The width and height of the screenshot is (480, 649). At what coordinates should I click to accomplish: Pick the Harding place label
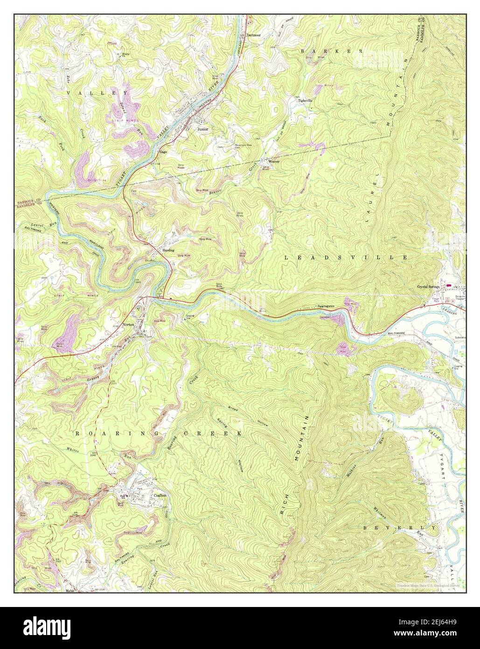tap(168, 250)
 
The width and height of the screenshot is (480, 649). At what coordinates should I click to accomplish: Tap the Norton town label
tap(128, 324)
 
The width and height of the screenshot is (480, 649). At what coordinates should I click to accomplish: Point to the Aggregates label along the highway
tap(325, 306)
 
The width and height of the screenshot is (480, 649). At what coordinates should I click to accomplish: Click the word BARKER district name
tap(332, 50)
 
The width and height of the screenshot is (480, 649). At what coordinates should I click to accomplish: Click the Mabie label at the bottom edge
tap(70, 590)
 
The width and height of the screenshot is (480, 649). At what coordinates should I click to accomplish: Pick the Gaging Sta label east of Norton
tap(202, 317)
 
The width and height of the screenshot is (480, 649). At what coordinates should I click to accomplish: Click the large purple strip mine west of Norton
tap(66, 329)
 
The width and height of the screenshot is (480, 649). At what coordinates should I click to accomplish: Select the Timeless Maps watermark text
tap(428, 585)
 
